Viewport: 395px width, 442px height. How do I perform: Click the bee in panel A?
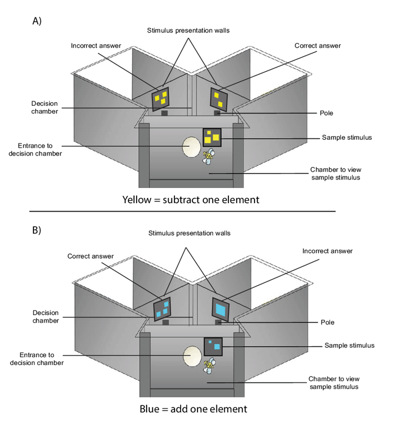[210, 156]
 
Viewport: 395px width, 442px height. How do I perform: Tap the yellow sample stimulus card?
[212, 137]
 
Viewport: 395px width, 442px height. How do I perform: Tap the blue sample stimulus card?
[213, 346]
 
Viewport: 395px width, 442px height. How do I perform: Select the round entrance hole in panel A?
[191, 148]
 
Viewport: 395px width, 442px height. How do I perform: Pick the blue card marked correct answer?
[163, 308]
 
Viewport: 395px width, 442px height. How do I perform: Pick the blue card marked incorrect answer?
[220, 308]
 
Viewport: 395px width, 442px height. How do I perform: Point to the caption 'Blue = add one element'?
[193, 408]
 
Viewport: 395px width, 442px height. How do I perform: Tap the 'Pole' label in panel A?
[326, 113]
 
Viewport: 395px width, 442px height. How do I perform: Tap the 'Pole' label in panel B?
[326, 322]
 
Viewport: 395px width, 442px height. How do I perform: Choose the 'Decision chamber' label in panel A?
[44, 107]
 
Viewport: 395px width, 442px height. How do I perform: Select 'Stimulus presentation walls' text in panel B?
[189, 233]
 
